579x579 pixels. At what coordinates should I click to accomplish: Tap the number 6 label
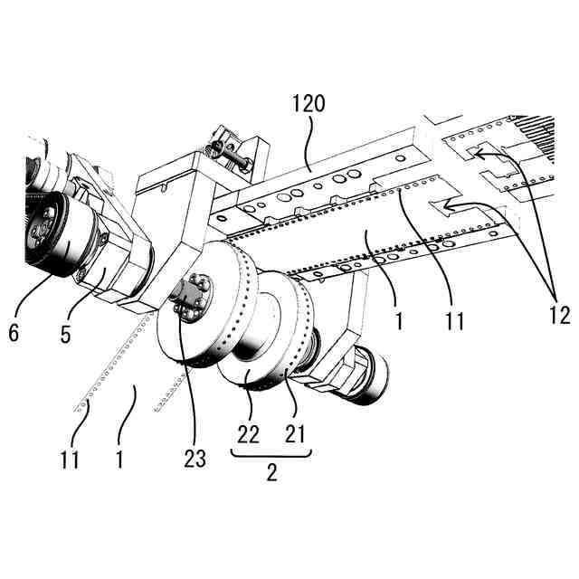pyautogui.click(x=13, y=333)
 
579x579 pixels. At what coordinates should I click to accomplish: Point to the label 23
pyautogui.click(x=195, y=459)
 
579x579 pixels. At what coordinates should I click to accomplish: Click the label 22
pyautogui.click(x=248, y=435)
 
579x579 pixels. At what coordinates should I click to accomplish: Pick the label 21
pyautogui.click(x=296, y=435)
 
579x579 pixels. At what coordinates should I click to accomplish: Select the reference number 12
pyautogui.click(x=559, y=316)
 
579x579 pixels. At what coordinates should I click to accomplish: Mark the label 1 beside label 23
pyautogui.click(x=119, y=459)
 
